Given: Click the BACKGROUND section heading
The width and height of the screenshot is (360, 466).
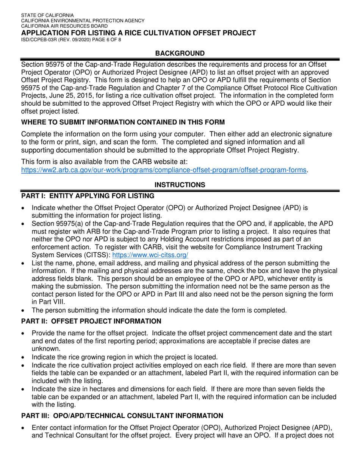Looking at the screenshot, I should (180, 53).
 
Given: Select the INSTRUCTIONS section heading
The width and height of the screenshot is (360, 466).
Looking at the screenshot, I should (180, 185).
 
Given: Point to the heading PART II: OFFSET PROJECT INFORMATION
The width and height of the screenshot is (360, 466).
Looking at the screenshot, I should (91, 321).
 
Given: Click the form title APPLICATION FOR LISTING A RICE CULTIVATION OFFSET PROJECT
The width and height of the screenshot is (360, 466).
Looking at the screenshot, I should (138, 33).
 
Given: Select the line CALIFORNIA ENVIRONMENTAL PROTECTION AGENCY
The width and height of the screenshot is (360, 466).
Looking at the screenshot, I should (83, 21).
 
